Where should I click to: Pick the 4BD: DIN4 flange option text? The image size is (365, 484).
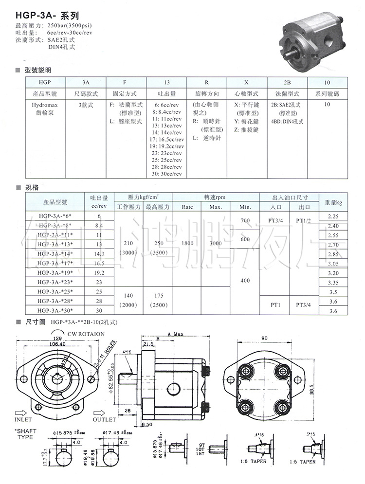point(287,122)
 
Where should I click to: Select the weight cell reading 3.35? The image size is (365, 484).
point(333,283)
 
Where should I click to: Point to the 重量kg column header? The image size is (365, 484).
point(333,202)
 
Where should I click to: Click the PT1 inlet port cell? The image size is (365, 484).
point(275,305)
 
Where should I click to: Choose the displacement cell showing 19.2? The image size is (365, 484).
point(99,272)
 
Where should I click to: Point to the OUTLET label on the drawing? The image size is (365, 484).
point(104,419)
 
